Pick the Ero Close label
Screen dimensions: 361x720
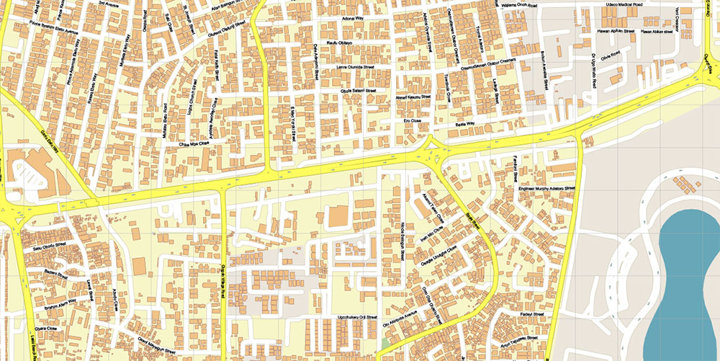click(x=411, y=120)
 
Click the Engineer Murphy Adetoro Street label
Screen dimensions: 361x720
click(x=547, y=190)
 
